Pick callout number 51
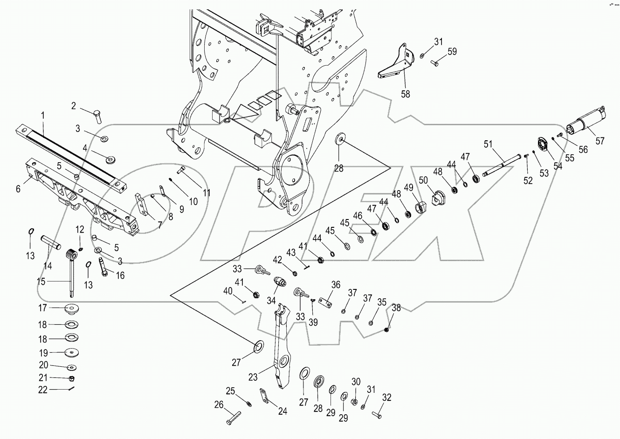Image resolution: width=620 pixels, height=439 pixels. pyautogui.click(x=488, y=144)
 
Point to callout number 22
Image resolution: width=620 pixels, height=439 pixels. pyautogui.click(x=43, y=390)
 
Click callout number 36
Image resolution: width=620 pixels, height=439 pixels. pyautogui.click(x=336, y=285)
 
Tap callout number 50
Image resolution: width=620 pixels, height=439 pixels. pyautogui.click(x=423, y=180)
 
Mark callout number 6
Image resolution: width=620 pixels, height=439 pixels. pyautogui.click(x=18, y=189)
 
